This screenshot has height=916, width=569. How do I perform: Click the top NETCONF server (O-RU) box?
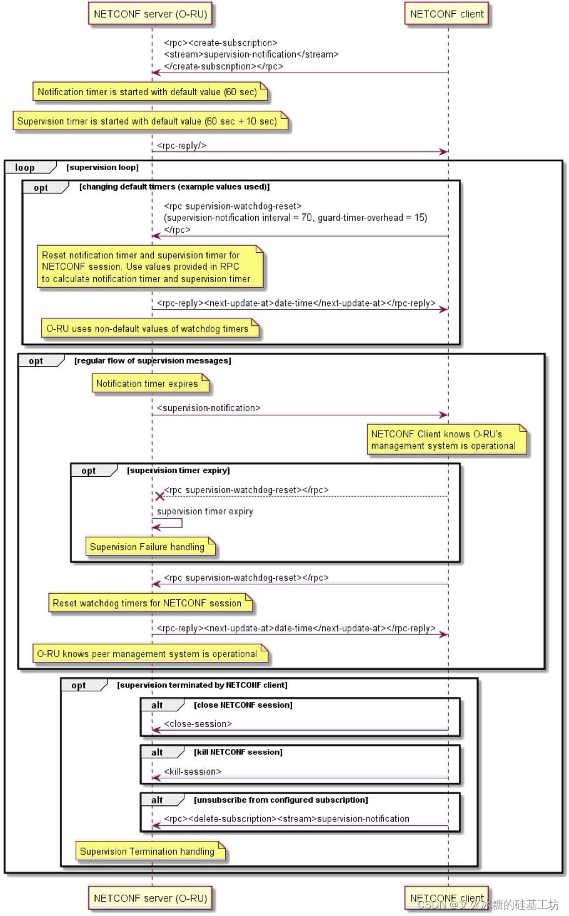[x=150, y=14]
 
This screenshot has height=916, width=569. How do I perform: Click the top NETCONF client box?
[x=446, y=14]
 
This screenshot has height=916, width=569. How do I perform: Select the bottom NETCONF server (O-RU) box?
[x=150, y=898]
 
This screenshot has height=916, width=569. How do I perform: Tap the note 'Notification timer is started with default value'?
[x=148, y=92]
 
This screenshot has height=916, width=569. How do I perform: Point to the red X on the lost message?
[x=159, y=496]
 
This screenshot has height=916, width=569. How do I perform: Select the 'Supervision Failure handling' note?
[x=148, y=547]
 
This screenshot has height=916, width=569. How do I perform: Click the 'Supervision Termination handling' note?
[x=148, y=852]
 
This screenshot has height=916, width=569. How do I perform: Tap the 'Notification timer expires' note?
[x=148, y=384]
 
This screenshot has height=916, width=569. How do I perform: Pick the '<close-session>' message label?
[x=198, y=724]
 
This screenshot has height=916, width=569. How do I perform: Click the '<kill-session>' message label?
[x=193, y=771]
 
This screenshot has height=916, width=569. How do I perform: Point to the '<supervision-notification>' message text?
[x=208, y=408]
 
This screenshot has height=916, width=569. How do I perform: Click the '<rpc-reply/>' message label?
[x=181, y=146]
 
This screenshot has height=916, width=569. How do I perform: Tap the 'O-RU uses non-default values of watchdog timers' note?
[x=148, y=328]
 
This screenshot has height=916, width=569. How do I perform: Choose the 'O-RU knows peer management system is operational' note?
[x=148, y=654]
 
